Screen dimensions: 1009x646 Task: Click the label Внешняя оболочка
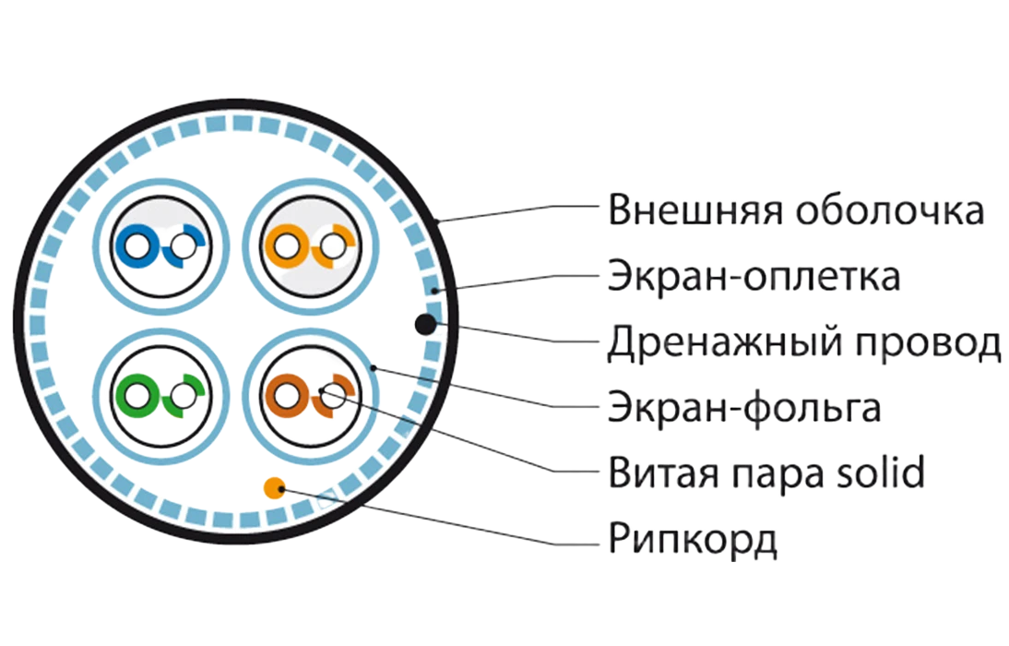click(796, 210)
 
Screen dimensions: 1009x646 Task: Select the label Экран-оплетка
click(754, 276)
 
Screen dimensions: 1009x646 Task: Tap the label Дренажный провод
click(804, 342)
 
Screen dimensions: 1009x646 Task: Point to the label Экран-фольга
click(744, 408)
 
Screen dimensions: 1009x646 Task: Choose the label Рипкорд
click(693, 540)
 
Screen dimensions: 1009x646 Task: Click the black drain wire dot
click(425, 324)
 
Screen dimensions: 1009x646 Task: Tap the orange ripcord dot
click(274, 488)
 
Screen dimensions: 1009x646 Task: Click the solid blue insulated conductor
click(137, 246)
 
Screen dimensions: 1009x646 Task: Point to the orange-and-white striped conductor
click(333, 246)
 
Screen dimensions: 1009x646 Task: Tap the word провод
click(927, 342)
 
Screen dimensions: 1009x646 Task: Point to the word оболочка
click(890, 210)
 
